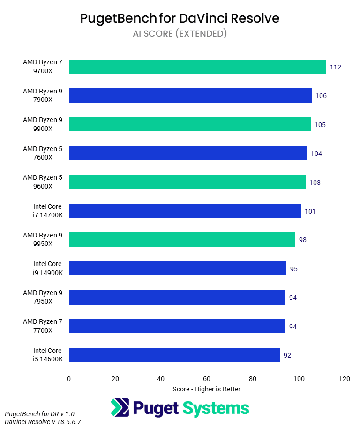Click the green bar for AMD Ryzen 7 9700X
(x=197, y=67)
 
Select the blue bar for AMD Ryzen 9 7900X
(x=190, y=96)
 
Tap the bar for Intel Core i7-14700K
(x=185, y=211)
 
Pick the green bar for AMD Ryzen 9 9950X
(x=182, y=240)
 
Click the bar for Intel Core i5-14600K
(x=174, y=355)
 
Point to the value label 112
(x=335, y=67)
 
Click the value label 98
(x=302, y=240)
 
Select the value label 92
(x=287, y=355)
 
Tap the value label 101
(x=310, y=211)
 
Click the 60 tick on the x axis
(x=207, y=379)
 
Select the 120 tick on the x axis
(x=345, y=379)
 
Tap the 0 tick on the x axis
(x=69, y=379)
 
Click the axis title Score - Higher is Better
(x=206, y=389)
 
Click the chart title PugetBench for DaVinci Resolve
(x=180, y=18)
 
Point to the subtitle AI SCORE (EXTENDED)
(x=180, y=33)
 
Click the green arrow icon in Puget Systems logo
(x=120, y=408)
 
